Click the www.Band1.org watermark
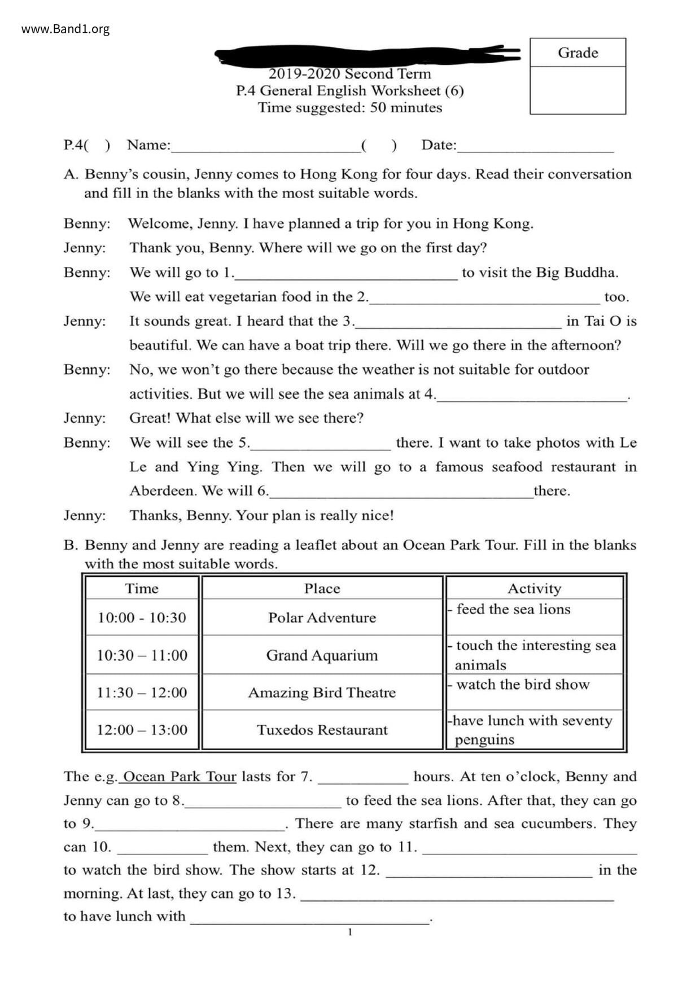point(65,29)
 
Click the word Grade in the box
point(577,53)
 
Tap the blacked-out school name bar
point(367,55)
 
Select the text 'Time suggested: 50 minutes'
point(350,108)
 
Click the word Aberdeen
point(163,491)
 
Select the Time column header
point(142,589)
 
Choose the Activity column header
point(534,589)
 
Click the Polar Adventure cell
point(322,617)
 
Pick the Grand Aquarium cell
point(322,655)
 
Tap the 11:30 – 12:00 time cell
point(142,693)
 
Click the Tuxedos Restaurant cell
point(322,730)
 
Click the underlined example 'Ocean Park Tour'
point(180,777)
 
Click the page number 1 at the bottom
point(350,932)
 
